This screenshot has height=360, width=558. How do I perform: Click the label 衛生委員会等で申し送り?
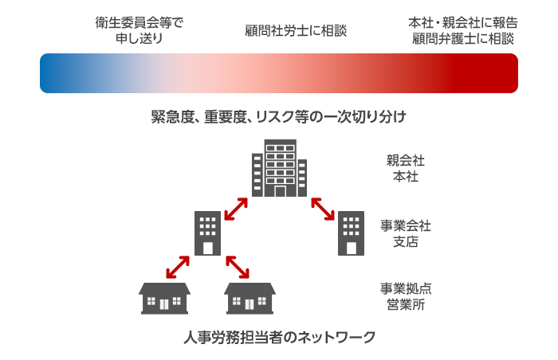click(x=139, y=30)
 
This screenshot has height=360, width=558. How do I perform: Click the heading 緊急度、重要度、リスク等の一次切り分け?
click(x=279, y=117)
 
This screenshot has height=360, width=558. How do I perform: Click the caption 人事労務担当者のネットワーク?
click(x=279, y=337)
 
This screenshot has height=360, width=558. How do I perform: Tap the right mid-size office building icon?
click(x=350, y=233)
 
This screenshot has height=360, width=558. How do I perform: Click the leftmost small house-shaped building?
click(x=164, y=297)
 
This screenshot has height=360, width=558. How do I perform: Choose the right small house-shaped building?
click(x=250, y=297)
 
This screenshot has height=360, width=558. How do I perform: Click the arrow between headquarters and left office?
click(x=235, y=208)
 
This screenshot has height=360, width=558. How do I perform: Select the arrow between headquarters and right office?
click(x=321, y=208)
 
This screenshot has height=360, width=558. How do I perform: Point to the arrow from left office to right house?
click(x=238, y=267)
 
